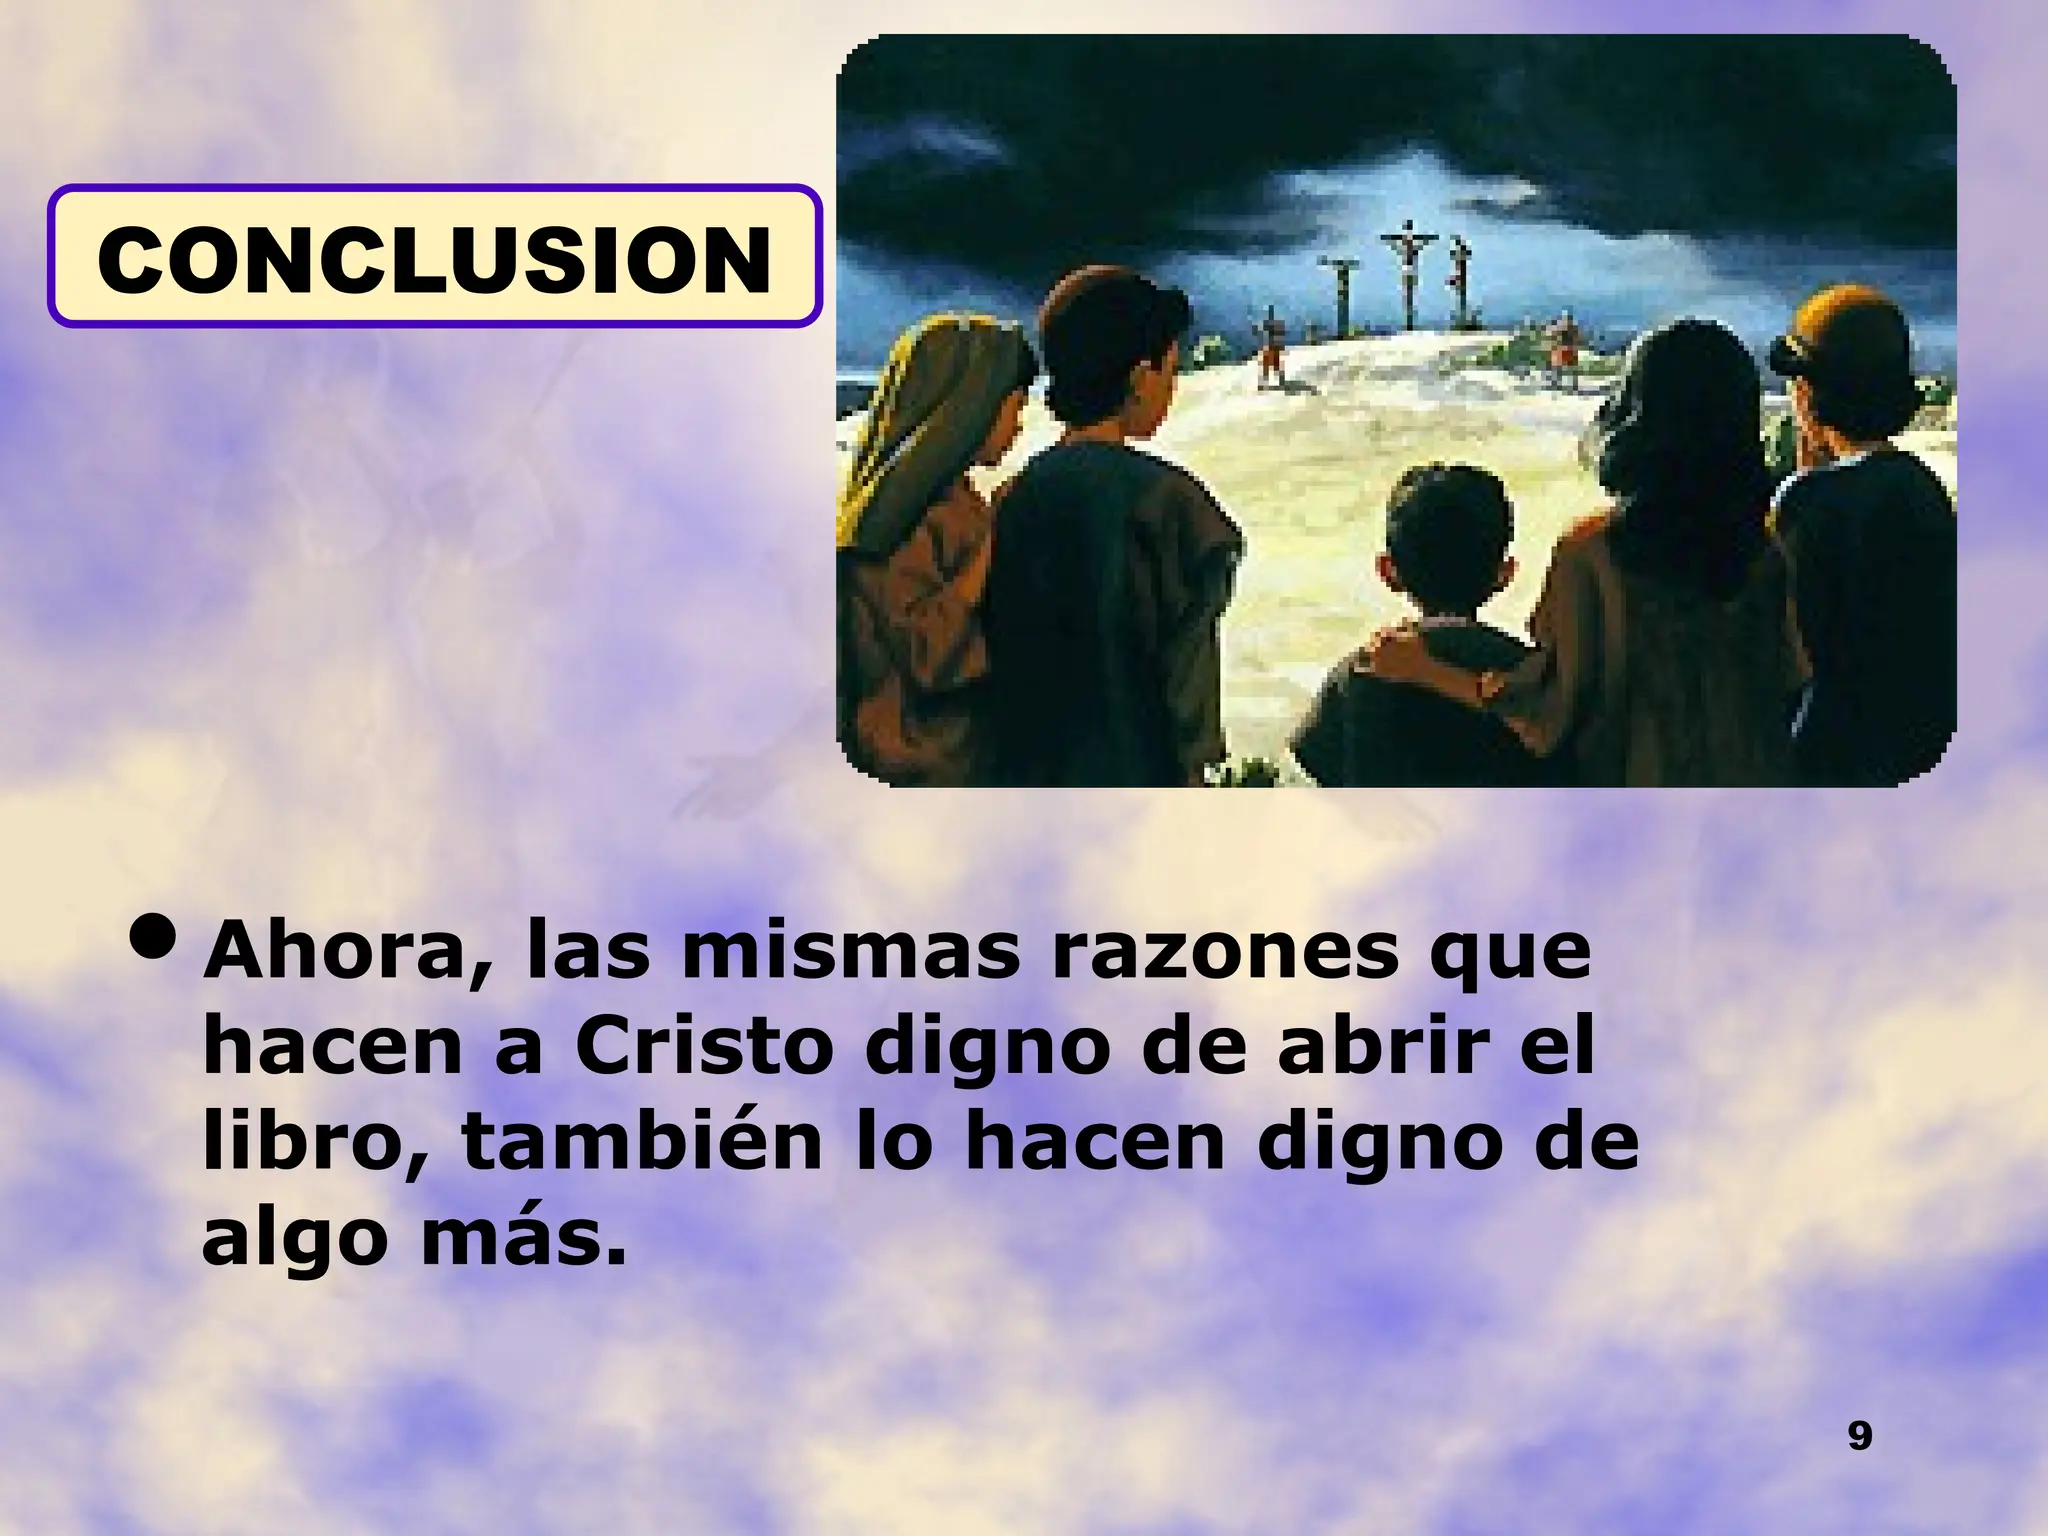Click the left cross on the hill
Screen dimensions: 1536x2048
pyautogui.click(x=1338, y=290)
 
